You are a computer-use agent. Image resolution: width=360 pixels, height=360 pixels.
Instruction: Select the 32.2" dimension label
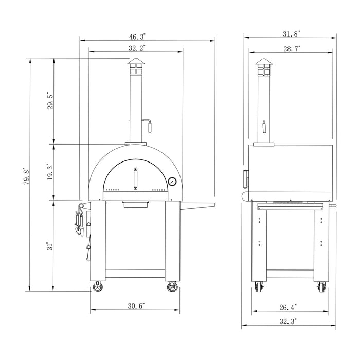coord(137,48)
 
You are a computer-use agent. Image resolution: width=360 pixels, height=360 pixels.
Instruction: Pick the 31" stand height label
coord(49,246)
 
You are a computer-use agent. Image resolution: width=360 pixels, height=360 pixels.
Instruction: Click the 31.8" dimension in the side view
coord(292,33)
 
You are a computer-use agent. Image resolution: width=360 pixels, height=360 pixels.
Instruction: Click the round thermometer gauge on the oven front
coord(172,182)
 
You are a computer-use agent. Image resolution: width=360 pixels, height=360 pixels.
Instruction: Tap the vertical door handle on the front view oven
coord(136,179)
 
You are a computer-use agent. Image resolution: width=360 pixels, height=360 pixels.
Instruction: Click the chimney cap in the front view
coord(136,65)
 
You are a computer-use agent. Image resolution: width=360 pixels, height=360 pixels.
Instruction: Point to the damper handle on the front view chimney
coord(147,124)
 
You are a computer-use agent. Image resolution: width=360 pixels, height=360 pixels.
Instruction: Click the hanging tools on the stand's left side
coord(80,222)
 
